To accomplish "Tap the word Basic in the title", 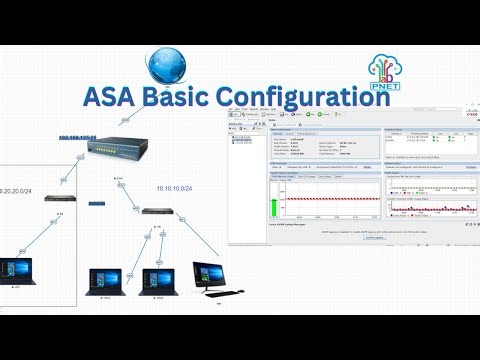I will click(197, 99).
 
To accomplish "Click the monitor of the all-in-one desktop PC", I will click(210, 273).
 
